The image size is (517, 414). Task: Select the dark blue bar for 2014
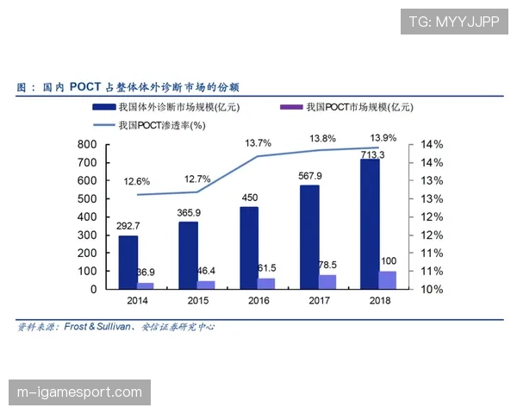coord(128,262)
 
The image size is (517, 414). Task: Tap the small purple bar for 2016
coord(266,284)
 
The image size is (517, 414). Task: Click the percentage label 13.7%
coord(258,142)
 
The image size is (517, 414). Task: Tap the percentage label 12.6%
coord(137,181)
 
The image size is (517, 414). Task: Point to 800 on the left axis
coord(87,145)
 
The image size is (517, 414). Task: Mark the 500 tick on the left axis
coord(87,199)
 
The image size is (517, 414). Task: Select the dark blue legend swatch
coord(104,108)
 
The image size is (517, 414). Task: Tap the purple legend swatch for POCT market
coord(291,108)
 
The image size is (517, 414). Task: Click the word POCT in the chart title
coord(88,87)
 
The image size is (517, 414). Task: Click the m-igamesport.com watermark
coord(79,393)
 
